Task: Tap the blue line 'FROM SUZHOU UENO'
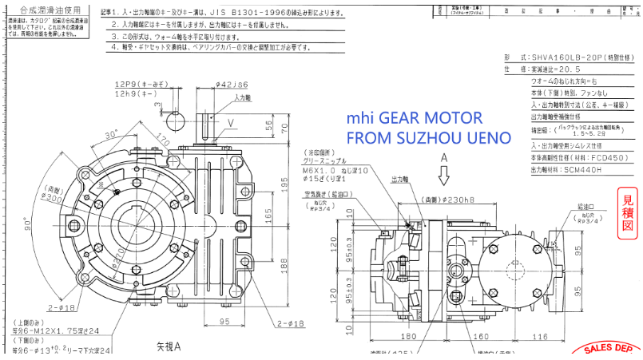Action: [427, 137]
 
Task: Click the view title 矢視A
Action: [168, 346]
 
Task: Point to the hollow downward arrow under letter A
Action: [443, 175]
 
